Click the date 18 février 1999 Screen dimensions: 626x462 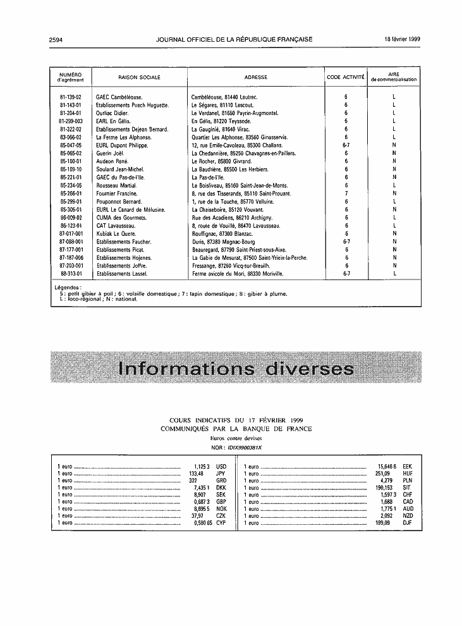coord(403,39)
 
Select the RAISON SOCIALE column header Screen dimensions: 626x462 coord(139,77)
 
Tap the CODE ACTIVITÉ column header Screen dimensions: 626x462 coord(346,77)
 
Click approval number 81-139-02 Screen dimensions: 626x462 coord(71,97)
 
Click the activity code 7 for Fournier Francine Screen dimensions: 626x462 coord(346,193)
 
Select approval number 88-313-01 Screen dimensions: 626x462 coord(71,274)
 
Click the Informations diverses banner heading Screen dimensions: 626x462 coord(231,369)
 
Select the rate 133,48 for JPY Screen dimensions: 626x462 coord(197,473)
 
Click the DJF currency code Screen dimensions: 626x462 coord(407,524)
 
